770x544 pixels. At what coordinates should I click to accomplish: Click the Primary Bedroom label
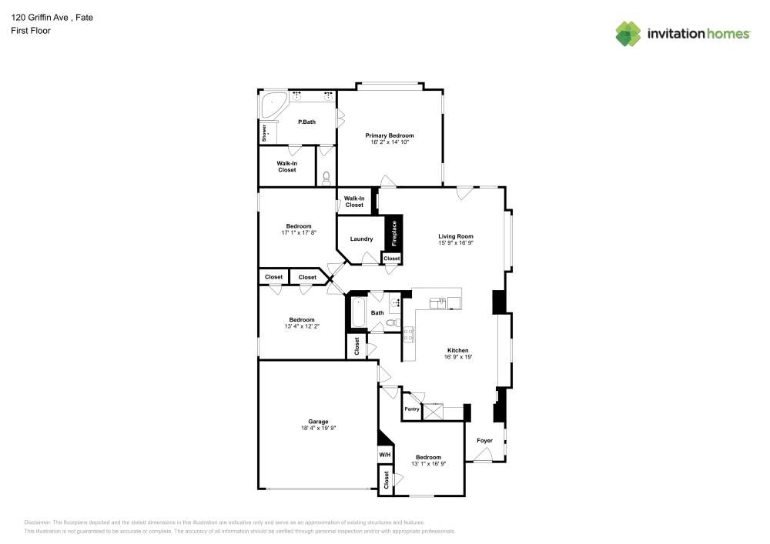pos(389,135)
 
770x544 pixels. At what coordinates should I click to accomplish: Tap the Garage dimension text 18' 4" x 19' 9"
pos(318,428)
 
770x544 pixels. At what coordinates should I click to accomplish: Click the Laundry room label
pos(361,239)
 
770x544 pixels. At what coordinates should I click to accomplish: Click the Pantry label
pos(412,409)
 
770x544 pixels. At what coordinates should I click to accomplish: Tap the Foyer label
pos(484,441)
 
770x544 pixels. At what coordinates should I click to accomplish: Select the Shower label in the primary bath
pos(264,132)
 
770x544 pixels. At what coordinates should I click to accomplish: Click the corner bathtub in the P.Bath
pos(273,104)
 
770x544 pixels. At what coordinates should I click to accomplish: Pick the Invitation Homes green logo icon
pos(628,33)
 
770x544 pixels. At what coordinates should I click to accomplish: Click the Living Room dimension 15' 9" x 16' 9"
pos(456,243)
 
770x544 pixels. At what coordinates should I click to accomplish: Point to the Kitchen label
pos(457,350)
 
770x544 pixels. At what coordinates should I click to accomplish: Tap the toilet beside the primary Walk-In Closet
pos(326,178)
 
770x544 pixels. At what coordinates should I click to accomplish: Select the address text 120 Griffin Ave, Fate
pos(52,17)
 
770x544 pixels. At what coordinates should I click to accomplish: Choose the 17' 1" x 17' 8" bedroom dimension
pos(298,232)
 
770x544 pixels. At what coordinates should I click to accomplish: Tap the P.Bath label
pos(306,122)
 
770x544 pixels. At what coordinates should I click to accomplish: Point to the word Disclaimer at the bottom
pos(38,522)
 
